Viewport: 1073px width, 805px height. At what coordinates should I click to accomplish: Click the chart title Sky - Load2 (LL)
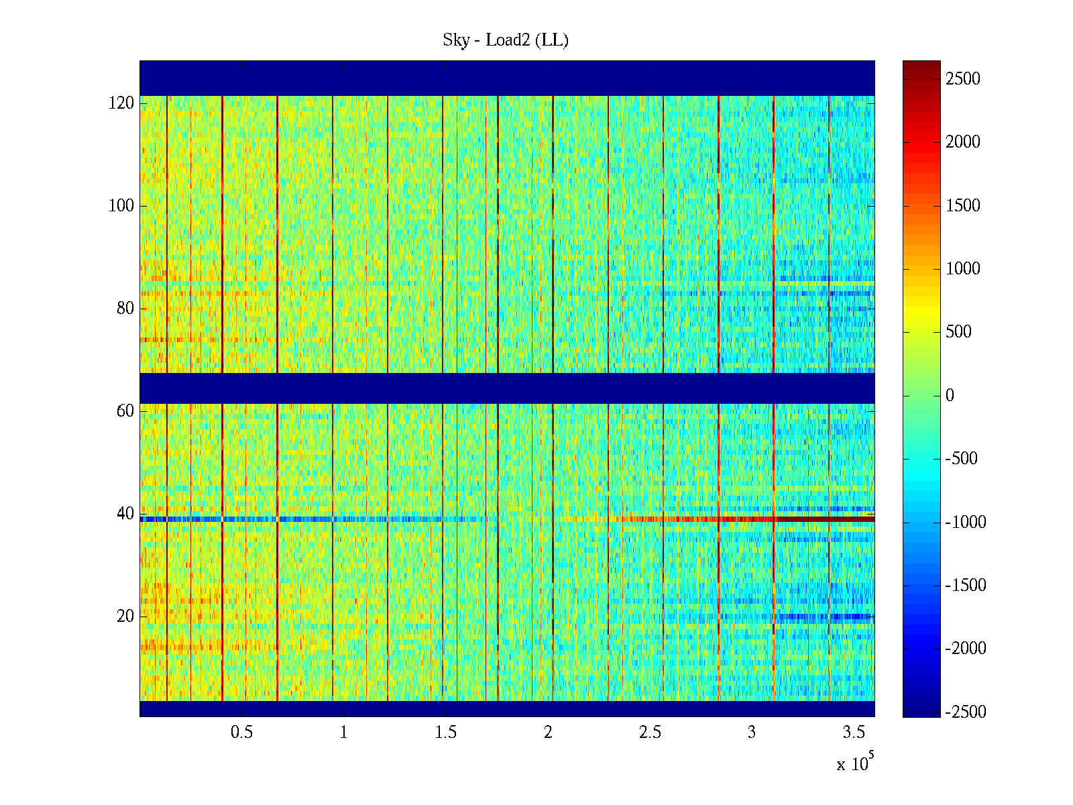click(x=506, y=40)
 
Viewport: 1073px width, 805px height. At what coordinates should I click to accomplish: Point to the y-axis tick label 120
click(x=121, y=103)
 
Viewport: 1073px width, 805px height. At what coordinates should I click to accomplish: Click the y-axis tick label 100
click(x=121, y=206)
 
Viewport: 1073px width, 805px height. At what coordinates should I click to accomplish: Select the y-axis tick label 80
click(x=125, y=309)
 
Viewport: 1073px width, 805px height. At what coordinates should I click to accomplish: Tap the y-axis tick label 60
click(x=125, y=411)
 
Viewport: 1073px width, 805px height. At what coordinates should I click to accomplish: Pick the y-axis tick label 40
click(x=125, y=514)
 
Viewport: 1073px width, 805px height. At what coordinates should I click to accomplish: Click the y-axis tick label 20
click(x=125, y=616)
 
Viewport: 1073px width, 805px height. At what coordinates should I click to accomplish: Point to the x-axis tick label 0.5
click(x=241, y=733)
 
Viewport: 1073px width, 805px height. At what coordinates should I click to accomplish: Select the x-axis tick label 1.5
click(x=445, y=733)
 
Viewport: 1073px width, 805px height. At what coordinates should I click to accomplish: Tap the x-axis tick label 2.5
click(x=650, y=733)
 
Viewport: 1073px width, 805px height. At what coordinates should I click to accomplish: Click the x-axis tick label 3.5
click(x=854, y=733)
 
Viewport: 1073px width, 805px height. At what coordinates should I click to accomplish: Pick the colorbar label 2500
click(x=963, y=79)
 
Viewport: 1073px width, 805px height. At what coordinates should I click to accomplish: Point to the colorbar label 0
click(x=950, y=396)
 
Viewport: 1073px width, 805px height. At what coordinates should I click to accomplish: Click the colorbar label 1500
click(x=963, y=206)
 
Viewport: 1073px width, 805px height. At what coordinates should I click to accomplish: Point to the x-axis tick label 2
click(x=548, y=733)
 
